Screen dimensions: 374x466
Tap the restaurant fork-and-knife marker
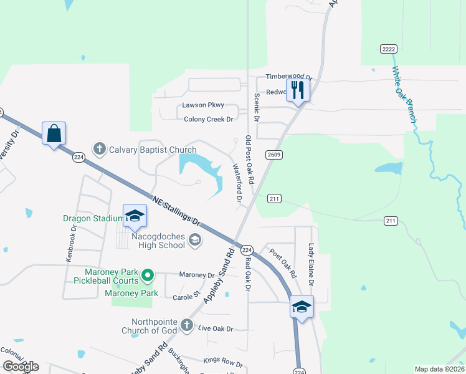[297, 90]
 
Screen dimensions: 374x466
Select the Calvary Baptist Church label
[144, 150]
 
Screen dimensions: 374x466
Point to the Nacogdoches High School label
[158, 241]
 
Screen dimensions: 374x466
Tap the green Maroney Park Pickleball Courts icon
[148, 274]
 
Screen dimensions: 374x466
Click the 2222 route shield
[389, 49]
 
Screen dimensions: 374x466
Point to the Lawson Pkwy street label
[202, 105]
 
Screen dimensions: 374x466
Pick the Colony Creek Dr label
[207, 119]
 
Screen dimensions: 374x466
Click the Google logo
[21, 366]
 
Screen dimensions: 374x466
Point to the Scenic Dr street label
[255, 107]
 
